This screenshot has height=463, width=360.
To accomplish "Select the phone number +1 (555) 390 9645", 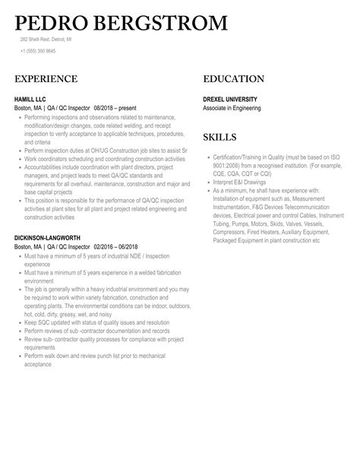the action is pos(38,51).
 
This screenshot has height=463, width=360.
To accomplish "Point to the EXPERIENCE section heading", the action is pos(46,79).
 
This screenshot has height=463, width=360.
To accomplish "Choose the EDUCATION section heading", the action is pos(233,79).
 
